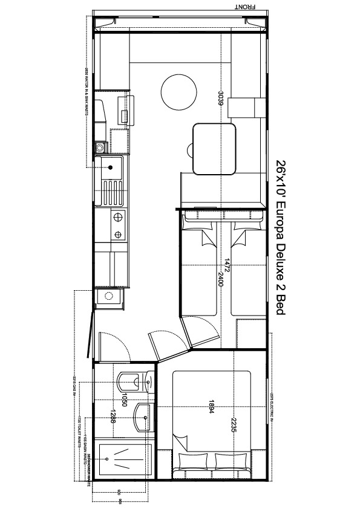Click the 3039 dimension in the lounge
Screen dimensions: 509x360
[x=222, y=98]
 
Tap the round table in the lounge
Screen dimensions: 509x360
[x=179, y=92]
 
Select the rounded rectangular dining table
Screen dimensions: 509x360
[x=215, y=148]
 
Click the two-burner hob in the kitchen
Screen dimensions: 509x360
[x=117, y=225]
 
